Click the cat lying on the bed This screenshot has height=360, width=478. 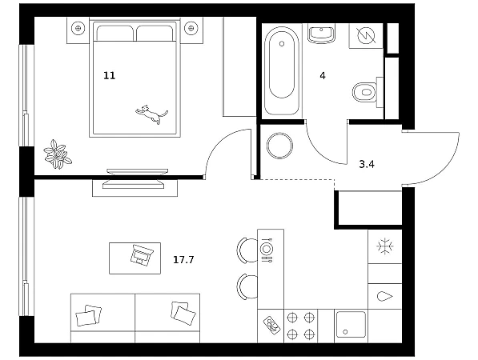151,114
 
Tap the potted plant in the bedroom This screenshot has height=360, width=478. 58,154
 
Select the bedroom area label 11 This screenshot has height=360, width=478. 110,75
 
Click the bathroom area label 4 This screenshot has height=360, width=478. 323,75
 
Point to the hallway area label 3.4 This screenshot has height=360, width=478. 367,165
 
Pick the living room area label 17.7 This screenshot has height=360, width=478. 183,260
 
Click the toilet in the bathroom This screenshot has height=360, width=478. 364,92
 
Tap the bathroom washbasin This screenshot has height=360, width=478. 321,34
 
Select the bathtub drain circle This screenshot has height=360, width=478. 282,44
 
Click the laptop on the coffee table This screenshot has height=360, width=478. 142,254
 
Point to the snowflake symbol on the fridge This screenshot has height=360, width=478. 385,246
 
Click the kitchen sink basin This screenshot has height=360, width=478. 351,324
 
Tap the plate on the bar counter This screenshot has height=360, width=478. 266,249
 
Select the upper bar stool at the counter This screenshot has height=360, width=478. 247,250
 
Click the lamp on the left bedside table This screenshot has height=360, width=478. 78,28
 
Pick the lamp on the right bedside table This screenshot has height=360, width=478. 191,28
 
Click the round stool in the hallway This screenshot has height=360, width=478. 279,146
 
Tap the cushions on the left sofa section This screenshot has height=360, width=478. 88,315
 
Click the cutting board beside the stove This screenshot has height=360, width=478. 271,326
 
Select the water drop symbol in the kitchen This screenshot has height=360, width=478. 384,296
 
